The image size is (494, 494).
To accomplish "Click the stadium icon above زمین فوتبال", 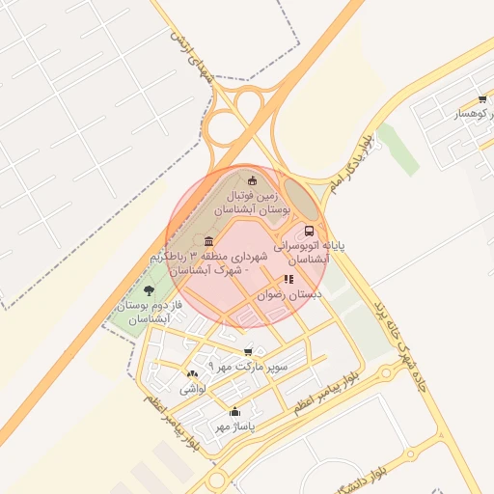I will coord(254,179).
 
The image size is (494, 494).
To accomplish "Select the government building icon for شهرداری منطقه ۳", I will coord(209,240).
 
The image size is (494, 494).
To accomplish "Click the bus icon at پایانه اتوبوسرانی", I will coord(309,232).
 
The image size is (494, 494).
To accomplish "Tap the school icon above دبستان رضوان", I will coord(288,279).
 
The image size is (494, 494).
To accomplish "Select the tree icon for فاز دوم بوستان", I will coord(148,289).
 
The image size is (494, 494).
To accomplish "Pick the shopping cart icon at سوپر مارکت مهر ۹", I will coord(249,352).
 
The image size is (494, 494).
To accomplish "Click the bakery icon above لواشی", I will coord(190,374).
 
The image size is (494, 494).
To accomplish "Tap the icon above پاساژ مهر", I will coord(234,412).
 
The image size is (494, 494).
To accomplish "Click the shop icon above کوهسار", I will coord(481,99).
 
